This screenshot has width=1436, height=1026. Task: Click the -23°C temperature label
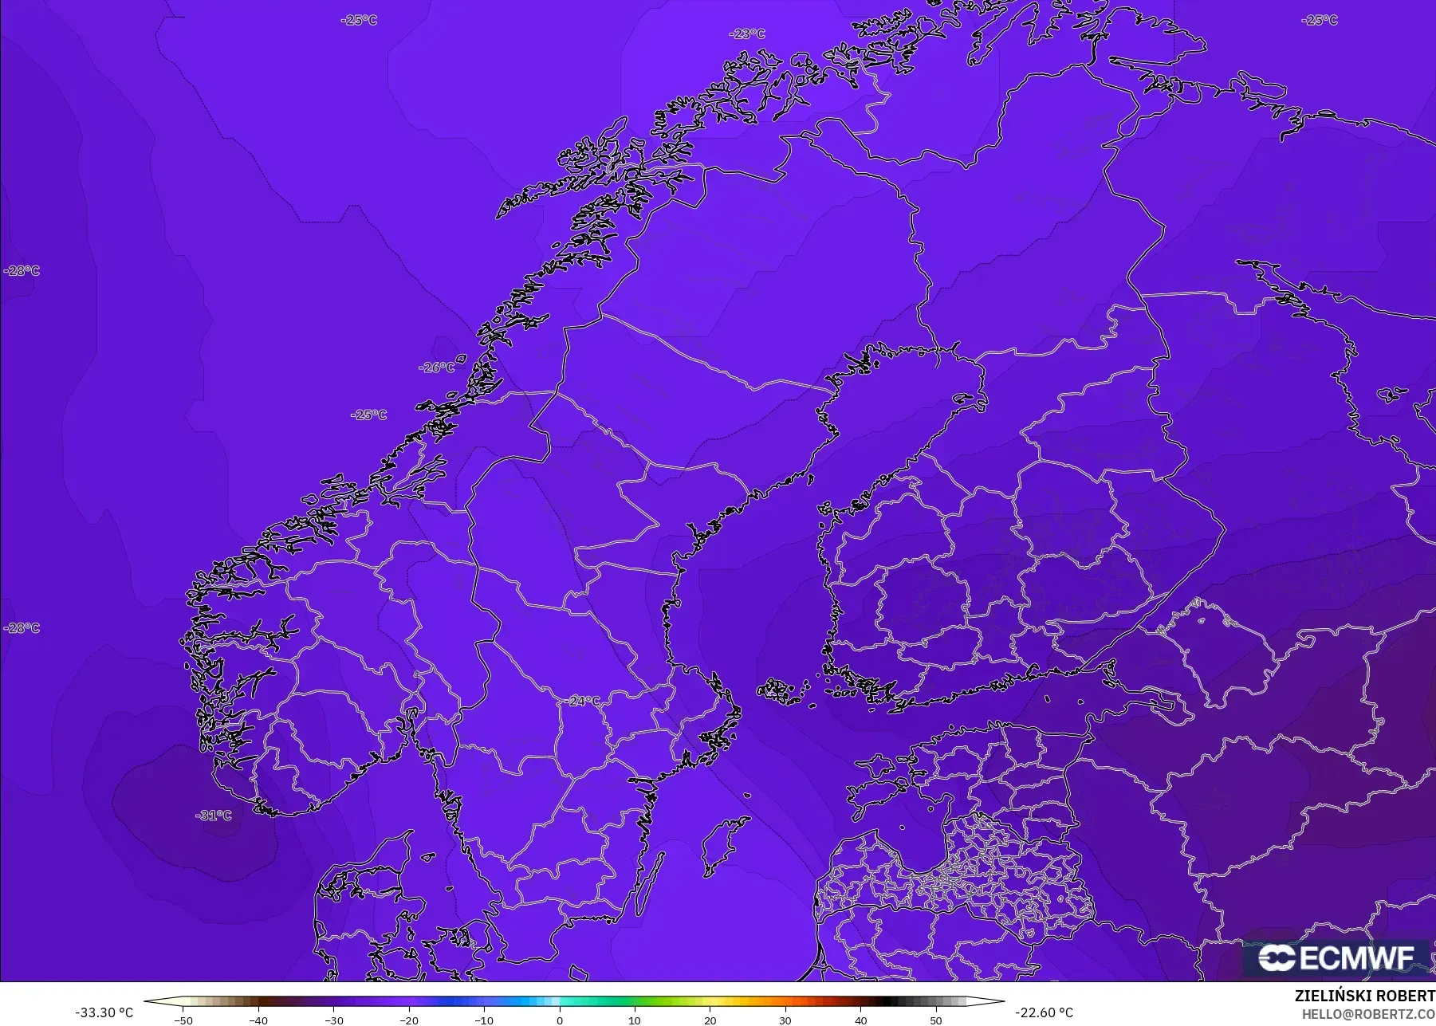pos(747,33)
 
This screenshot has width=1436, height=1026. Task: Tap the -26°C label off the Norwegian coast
pos(437,368)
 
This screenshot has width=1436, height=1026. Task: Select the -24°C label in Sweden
pos(584,701)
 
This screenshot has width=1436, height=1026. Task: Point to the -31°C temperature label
pos(214,816)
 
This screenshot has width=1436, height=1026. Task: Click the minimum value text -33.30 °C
pos(104,1012)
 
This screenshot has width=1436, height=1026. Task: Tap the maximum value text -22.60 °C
pos(1044,1012)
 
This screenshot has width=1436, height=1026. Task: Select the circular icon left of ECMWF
pos(1277,958)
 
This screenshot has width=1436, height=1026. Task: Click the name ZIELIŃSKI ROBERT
pos(1364,996)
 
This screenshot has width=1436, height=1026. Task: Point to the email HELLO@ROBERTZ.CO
pos(1368,1014)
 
